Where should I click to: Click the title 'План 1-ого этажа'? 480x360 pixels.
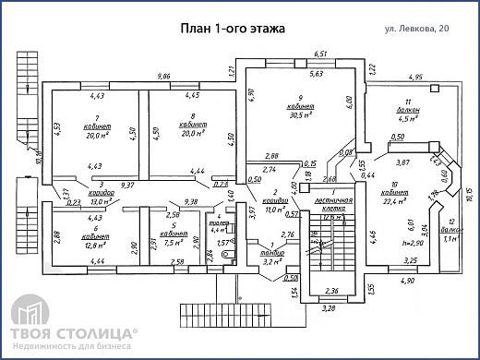click(x=232, y=28)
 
